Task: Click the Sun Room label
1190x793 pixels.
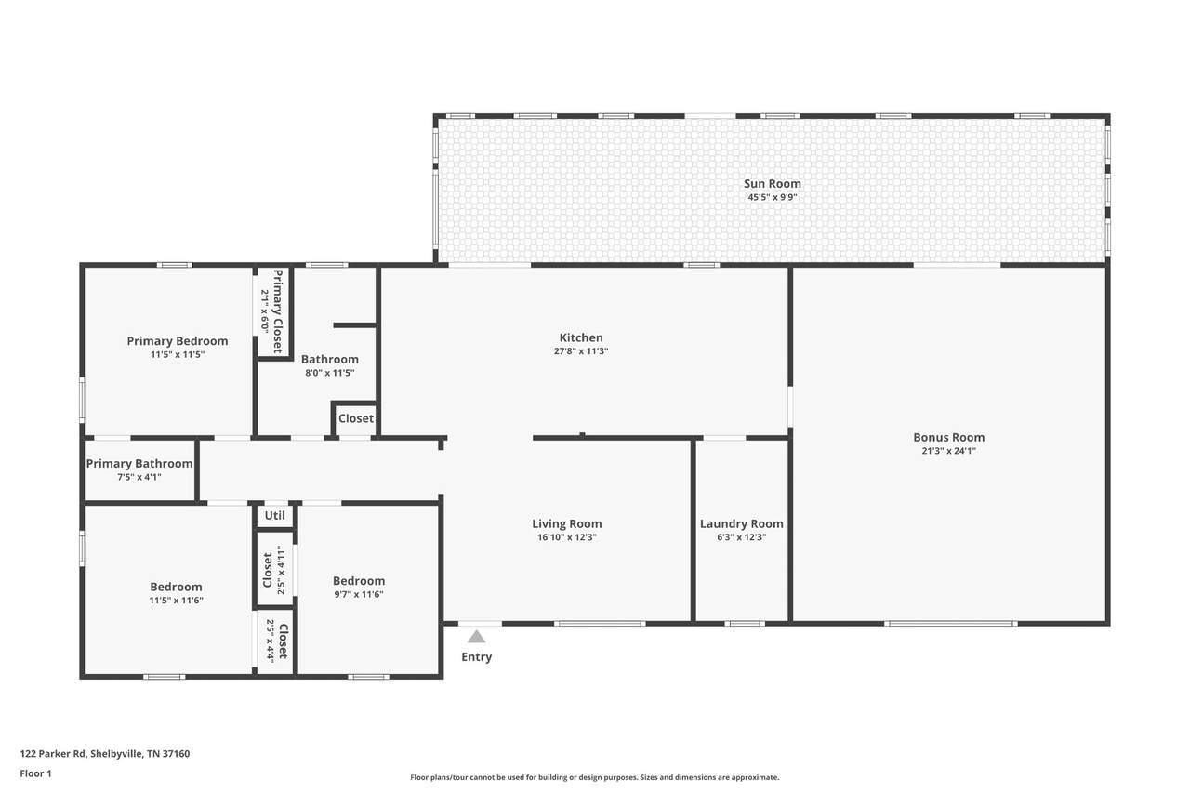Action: coord(772,184)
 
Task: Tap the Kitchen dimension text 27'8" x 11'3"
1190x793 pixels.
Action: coord(581,351)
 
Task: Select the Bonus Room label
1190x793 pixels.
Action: coord(949,437)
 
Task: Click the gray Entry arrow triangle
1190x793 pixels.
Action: coord(477,636)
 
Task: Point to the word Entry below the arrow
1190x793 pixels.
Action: coord(477,657)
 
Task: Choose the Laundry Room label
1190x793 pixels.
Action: coord(741,524)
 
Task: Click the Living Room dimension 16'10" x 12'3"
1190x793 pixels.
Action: coord(566,537)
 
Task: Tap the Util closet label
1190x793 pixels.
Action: coord(274,515)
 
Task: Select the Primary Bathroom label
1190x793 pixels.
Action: coord(139,464)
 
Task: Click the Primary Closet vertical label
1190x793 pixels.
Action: coord(277,311)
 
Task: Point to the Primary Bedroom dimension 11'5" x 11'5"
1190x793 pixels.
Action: coord(177,354)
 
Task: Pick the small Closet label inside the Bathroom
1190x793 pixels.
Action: coord(356,418)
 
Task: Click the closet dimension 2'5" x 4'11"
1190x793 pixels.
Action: coord(281,571)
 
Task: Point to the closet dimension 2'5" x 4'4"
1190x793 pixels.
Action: coord(270,641)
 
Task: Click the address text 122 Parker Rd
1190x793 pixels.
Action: coord(53,753)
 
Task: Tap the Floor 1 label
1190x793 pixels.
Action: coord(35,773)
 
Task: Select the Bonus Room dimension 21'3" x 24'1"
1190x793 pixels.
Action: coord(949,451)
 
